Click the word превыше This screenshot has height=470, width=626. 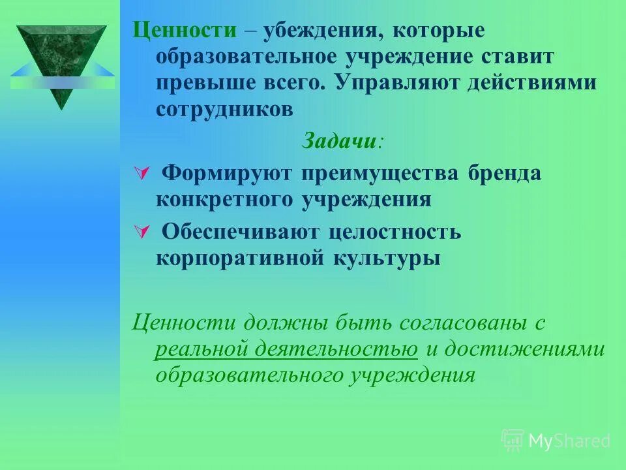[198, 83]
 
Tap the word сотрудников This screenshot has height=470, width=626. [224, 109]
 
